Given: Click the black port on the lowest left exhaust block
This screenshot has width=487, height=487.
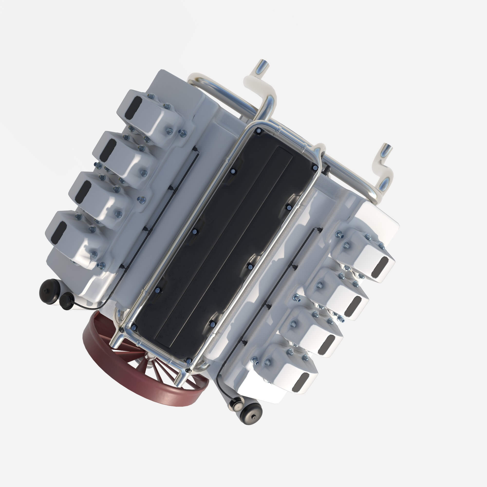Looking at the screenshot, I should [x=59, y=232].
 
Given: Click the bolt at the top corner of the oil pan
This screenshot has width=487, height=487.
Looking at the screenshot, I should [x=259, y=131].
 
